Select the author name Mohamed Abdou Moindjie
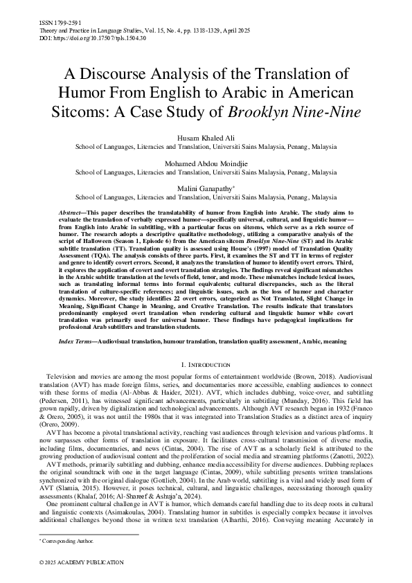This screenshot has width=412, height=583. (206, 163)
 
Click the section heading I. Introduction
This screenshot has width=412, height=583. (206, 364)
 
